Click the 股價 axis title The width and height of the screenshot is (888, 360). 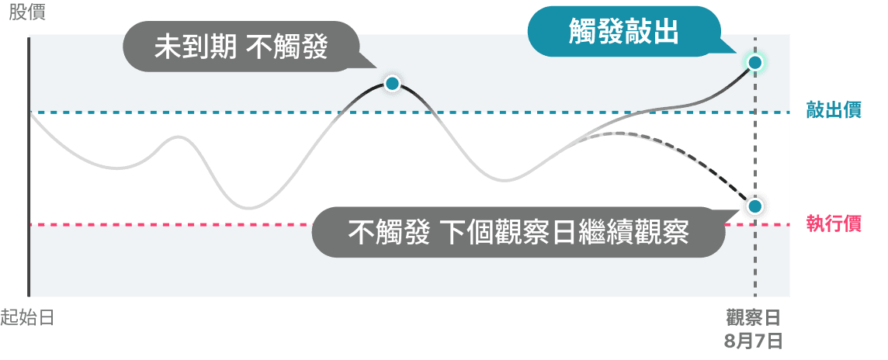click(x=27, y=12)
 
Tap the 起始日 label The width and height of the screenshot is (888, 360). click(x=27, y=317)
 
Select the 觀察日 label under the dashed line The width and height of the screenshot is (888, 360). click(x=753, y=317)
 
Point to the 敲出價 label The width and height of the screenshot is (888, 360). click(x=834, y=110)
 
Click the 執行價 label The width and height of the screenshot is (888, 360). click(x=834, y=224)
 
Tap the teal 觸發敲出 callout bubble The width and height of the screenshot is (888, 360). click(x=624, y=32)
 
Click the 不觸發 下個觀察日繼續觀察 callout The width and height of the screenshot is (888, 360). click(x=519, y=232)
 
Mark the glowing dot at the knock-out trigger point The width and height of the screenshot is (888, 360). click(x=754, y=62)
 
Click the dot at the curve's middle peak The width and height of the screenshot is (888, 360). click(x=392, y=85)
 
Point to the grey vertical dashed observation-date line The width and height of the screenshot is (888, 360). click(x=754, y=170)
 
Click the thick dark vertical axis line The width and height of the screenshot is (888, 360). click(x=28, y=166)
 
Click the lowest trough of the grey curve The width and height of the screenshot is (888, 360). click(x=248, y=209)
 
